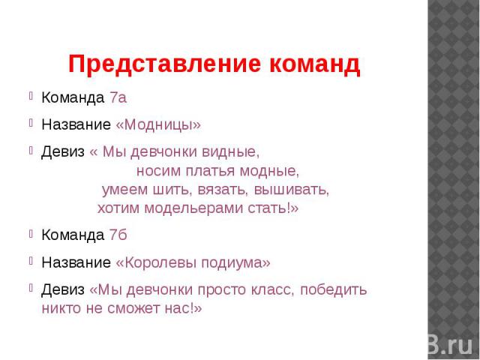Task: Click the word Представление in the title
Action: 165,64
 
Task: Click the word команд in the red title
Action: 315,64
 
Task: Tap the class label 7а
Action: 118,98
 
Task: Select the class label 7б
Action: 118,235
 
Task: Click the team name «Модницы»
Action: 158,124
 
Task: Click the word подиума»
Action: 236,263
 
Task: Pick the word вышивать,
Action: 292,190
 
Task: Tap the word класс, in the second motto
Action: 273,289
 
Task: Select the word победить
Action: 333,289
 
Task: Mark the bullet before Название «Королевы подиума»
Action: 31,260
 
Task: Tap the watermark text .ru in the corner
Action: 458,346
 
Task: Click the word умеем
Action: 124,190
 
